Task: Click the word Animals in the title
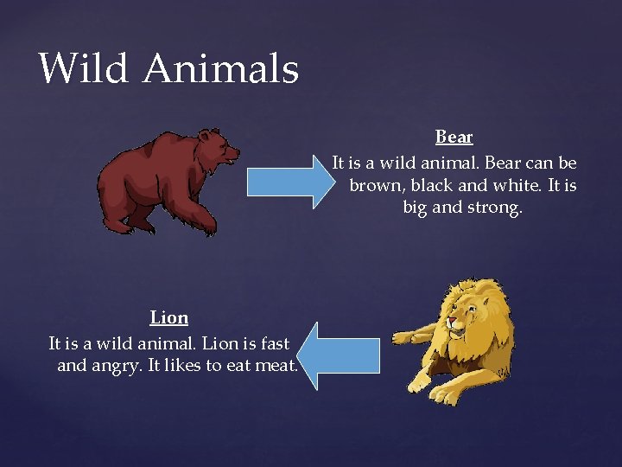pyautogui.click(x=221, y=68)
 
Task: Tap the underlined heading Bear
pyautogui.click(x=454, y=137)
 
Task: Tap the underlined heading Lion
pyautogui.click(x=169, y=317)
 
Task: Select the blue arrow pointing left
pyautogui.click(x=343, y=355)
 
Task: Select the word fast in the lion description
pyautogui.click(x=272, y=342)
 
